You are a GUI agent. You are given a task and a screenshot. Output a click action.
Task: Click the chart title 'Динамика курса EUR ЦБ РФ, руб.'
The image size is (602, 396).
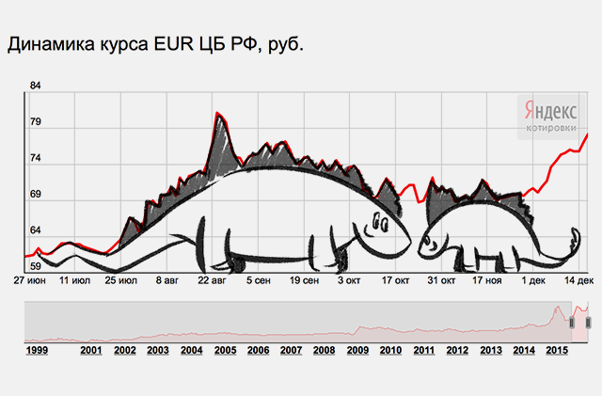click(x=156, y=43)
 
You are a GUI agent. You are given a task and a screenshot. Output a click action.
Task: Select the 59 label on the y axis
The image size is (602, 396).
click(x=37, y=267)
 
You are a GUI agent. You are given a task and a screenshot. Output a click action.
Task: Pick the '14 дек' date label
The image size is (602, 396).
click(x=577, y=280)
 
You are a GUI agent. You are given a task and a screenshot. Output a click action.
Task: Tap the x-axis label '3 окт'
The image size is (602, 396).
click(x=349, y=280)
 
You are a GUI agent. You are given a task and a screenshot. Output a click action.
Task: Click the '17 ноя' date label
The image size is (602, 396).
click(x=486, y=280)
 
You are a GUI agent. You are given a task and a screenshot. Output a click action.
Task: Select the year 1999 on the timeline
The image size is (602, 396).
click(x=38, y=351)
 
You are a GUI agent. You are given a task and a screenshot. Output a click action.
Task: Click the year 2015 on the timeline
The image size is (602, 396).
click(x=556, y=351)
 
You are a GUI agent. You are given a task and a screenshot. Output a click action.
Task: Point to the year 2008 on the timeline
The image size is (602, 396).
click(x=324, y=351)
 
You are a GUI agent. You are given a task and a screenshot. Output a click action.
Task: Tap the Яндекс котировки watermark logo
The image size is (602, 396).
click(x=551, y=115)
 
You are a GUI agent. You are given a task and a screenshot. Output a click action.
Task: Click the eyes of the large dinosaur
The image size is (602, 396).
click(x=378, y=223)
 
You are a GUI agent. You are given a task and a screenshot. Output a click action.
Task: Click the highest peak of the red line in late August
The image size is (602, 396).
click(x=218, y=114)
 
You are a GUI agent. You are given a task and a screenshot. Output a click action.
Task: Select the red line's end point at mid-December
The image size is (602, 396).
click(x=588, y=134)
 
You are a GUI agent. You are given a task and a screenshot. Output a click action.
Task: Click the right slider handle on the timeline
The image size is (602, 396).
click(x=588, y=322)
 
